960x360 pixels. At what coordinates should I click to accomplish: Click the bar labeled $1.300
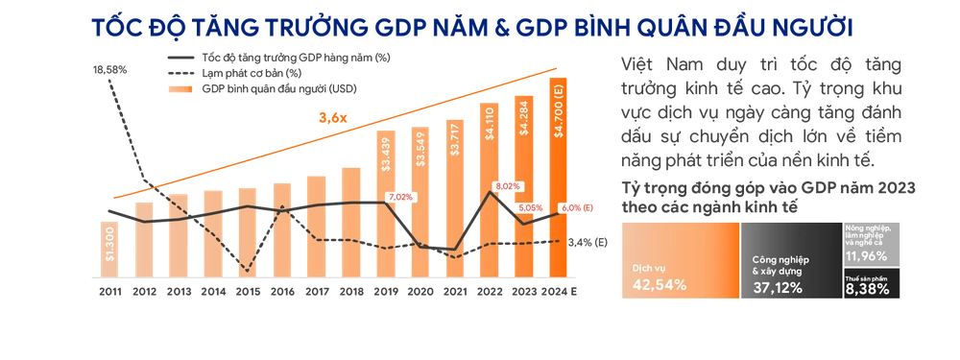coord(112,245)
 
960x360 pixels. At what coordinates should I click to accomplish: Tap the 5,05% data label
coord(530,206)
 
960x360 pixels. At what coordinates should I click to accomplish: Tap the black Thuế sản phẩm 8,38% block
coord(872,282)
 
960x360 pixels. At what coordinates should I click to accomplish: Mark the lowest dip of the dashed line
coord(247,272)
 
